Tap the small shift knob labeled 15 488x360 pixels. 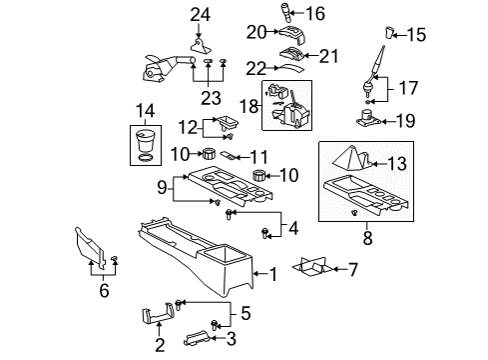pyautogui.click(x=389, y=36)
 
